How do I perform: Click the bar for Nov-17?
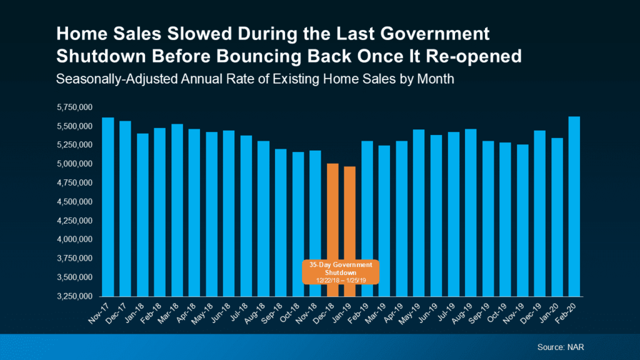click(x=108, y=206)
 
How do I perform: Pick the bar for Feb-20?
click(x=574, y=206)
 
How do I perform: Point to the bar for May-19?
click(x=419, y=212)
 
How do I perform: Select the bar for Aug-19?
click(x=471, y=212)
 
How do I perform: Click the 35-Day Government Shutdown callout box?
click(x=341, y=272)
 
